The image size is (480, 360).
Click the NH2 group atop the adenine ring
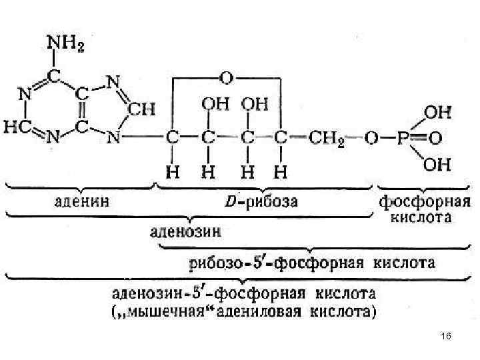[x=65, y=45]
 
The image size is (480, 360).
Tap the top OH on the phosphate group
[x=437, y=113]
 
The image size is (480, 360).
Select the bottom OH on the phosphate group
[x=437, y=165]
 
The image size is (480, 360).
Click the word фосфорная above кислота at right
[x=415, y=199]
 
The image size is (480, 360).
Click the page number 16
[x=446, y=338]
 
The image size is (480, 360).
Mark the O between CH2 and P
[x=371, y=139]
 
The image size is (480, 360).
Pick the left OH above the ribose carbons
[x=215, y=105]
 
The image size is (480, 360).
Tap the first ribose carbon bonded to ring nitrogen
[x=171, y=139]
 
